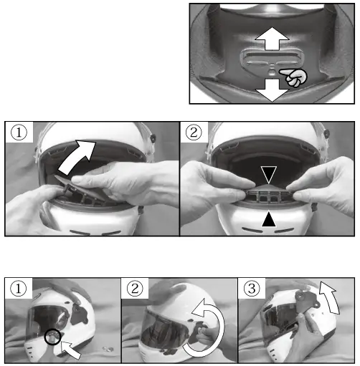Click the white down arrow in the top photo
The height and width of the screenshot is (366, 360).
(272, 90)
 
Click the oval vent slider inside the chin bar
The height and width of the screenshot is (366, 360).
(272, 59)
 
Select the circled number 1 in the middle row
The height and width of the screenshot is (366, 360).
(19, 133)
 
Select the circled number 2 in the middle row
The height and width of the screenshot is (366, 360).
(194, 133)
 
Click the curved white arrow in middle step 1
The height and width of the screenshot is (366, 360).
(77, 156)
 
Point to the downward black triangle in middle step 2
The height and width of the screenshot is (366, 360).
(269, 175)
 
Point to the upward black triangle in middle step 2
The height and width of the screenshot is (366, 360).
(269, 218)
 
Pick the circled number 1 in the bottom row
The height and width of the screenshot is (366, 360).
(19, 289)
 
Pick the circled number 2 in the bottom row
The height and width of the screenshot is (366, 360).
(135, 289)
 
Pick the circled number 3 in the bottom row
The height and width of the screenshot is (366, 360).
(252, 289)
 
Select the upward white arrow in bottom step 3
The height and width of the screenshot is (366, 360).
(330, 297)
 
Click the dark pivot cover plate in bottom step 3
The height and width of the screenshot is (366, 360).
(306, 299)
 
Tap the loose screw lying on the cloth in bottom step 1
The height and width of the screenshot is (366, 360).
(108, 350)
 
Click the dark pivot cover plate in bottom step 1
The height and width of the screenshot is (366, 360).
(79, 314)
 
